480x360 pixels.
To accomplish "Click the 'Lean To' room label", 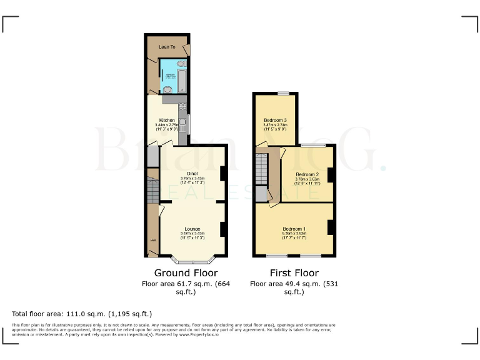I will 167,47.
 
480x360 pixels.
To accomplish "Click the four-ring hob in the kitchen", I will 182,106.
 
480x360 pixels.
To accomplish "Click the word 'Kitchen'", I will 167,120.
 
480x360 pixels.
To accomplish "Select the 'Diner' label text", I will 192,174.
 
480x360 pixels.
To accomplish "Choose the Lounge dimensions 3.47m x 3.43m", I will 192,234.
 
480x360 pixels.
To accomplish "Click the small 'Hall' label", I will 152,240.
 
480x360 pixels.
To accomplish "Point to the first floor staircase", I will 261,169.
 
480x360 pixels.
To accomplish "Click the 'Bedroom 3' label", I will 275,120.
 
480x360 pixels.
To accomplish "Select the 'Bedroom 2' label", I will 307,174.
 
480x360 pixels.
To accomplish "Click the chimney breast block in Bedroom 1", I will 331,228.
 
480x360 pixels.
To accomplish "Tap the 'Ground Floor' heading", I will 186,273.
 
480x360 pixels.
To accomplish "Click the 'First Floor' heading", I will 294,273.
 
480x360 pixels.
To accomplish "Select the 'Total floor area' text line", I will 82,314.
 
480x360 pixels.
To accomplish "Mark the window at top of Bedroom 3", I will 284,93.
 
